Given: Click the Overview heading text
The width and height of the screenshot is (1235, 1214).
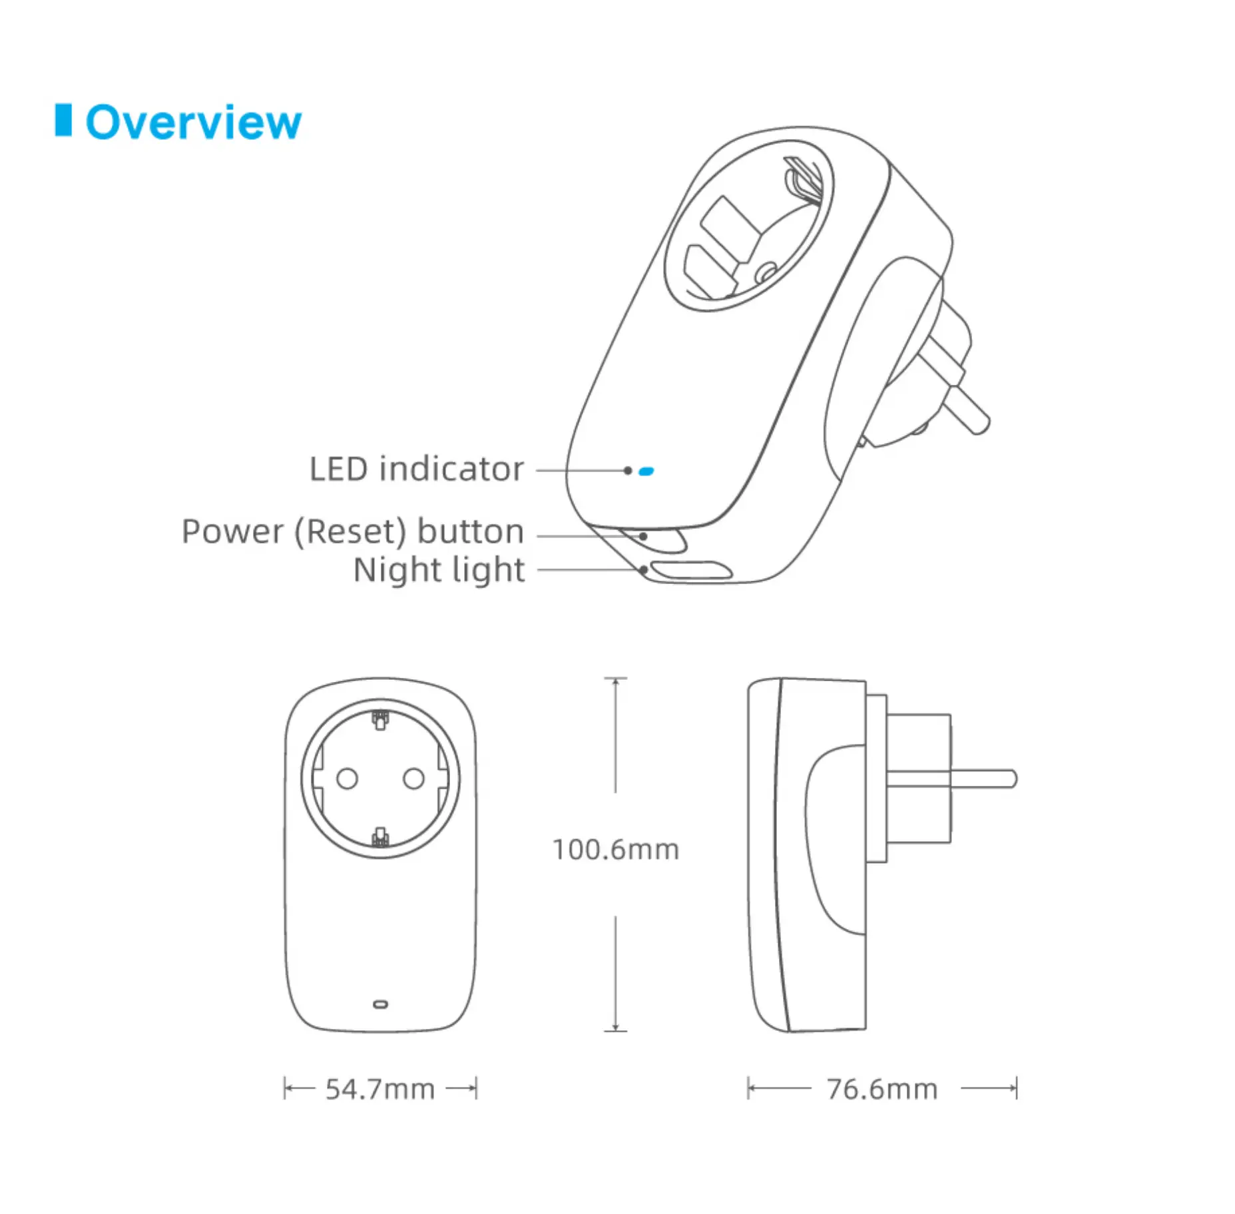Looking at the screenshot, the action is pyautogui.click(x=193, y=123).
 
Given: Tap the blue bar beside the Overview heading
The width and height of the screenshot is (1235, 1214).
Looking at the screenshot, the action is pyautogui.click(x=63, y=120).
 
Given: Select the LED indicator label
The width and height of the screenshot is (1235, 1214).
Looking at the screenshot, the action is pyautogui.click(x=416, y=469).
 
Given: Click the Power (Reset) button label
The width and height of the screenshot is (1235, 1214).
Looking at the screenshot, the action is pyautogui.click(x=352, y=531).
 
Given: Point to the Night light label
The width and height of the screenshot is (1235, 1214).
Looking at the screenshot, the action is pyautogui.click(x=439, y=570).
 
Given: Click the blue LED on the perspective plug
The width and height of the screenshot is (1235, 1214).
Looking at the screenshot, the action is pyautogui.click(x=646, y=471).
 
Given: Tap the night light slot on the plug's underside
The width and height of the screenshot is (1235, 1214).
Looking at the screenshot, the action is pyautogui.click(x=690, y=570).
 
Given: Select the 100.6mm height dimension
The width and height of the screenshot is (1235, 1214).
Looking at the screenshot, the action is pyautogui.click(x=615, y=850).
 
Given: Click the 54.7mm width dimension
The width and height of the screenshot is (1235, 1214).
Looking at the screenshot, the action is pyautogui.click(x=379, y=1089).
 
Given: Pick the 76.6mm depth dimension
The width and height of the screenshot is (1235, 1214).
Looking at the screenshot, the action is pyautogui.click(x=881, y=1089).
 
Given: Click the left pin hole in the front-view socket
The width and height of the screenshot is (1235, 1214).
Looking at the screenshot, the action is pyautogui.click(x=347, y=778).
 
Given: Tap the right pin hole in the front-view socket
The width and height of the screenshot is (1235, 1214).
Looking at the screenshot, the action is pyautogui.click(x=413, y=778).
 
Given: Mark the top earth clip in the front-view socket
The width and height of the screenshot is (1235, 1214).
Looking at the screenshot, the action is pyautogui.click(x=380, y=720).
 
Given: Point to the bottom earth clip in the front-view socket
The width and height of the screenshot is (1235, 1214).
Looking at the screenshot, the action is pyautogui.click(x=380, y=836).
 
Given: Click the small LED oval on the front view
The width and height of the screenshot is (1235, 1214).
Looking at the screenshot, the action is pyautogui.click(x=380, y=1004).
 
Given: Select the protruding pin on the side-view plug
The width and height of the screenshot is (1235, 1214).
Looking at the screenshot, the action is pyautogui.click(x=982, y=778).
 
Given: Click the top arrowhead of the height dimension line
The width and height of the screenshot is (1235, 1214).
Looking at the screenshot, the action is pyautogui.click(x=615, y=681).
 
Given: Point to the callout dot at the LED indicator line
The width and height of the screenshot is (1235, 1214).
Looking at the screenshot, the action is pyautogui.click(x=627, y=470).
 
